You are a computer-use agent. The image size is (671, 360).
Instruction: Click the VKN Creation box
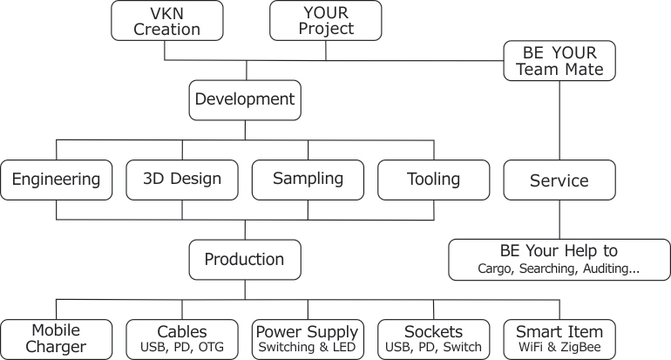167,20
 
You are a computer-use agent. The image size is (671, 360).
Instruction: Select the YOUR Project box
325,20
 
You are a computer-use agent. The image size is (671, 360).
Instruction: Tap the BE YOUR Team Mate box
559,60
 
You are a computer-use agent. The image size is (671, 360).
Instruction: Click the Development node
245,99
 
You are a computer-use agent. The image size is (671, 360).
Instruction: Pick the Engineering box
57,180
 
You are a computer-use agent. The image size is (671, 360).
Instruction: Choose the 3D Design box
182,180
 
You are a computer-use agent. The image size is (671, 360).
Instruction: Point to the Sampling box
308,180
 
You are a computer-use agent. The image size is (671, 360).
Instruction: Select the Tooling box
433,180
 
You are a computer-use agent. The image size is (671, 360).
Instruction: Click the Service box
559,181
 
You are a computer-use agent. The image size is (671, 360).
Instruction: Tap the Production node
245,260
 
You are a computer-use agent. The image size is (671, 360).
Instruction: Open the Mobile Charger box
57,339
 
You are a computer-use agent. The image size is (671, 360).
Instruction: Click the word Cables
182,332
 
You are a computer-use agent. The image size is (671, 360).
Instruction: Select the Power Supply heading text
308,332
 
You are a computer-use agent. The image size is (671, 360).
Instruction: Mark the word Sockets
433,332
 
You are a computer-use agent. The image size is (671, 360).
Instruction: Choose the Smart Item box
559,339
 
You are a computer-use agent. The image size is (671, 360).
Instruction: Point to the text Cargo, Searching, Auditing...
559,270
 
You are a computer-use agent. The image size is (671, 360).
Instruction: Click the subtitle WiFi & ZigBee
559,348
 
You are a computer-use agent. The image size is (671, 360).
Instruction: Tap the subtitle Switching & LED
308,348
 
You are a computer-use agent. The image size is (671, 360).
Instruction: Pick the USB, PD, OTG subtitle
182,348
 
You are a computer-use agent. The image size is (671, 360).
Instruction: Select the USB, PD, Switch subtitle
433,348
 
